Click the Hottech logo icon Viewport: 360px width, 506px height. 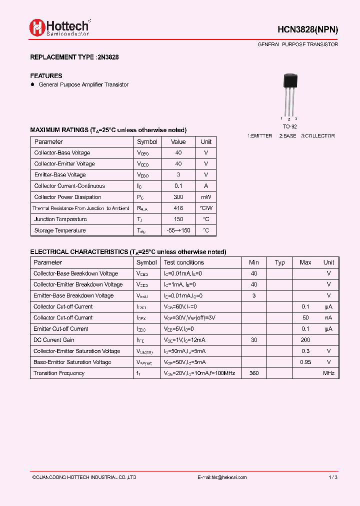(37, 27)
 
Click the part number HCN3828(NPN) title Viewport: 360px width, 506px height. (308, 29)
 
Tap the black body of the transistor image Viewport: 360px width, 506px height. (290, 81)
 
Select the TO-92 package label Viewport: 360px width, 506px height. (289, 127)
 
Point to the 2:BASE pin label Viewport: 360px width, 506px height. (287, 136)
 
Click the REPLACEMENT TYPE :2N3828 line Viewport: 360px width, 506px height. (74, 57)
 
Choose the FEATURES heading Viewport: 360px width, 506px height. (46, 76)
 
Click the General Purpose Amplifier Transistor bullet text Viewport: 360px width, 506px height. (83, 85)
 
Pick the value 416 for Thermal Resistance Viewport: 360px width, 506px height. (178, 208)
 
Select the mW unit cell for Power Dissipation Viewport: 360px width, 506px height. (206, 197)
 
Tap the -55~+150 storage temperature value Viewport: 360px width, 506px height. (178, 230)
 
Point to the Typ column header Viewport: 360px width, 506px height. (280, 262)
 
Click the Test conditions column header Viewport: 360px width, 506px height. (184, 262)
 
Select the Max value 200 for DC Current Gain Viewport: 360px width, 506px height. (305, 340)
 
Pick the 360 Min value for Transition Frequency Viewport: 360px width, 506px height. (254, 373)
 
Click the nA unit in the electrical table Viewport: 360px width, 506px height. (328, 318)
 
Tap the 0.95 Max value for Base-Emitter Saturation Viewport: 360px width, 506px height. (305, 362)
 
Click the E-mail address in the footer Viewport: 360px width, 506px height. (222, 477)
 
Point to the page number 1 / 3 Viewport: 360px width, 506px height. (333, 477)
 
